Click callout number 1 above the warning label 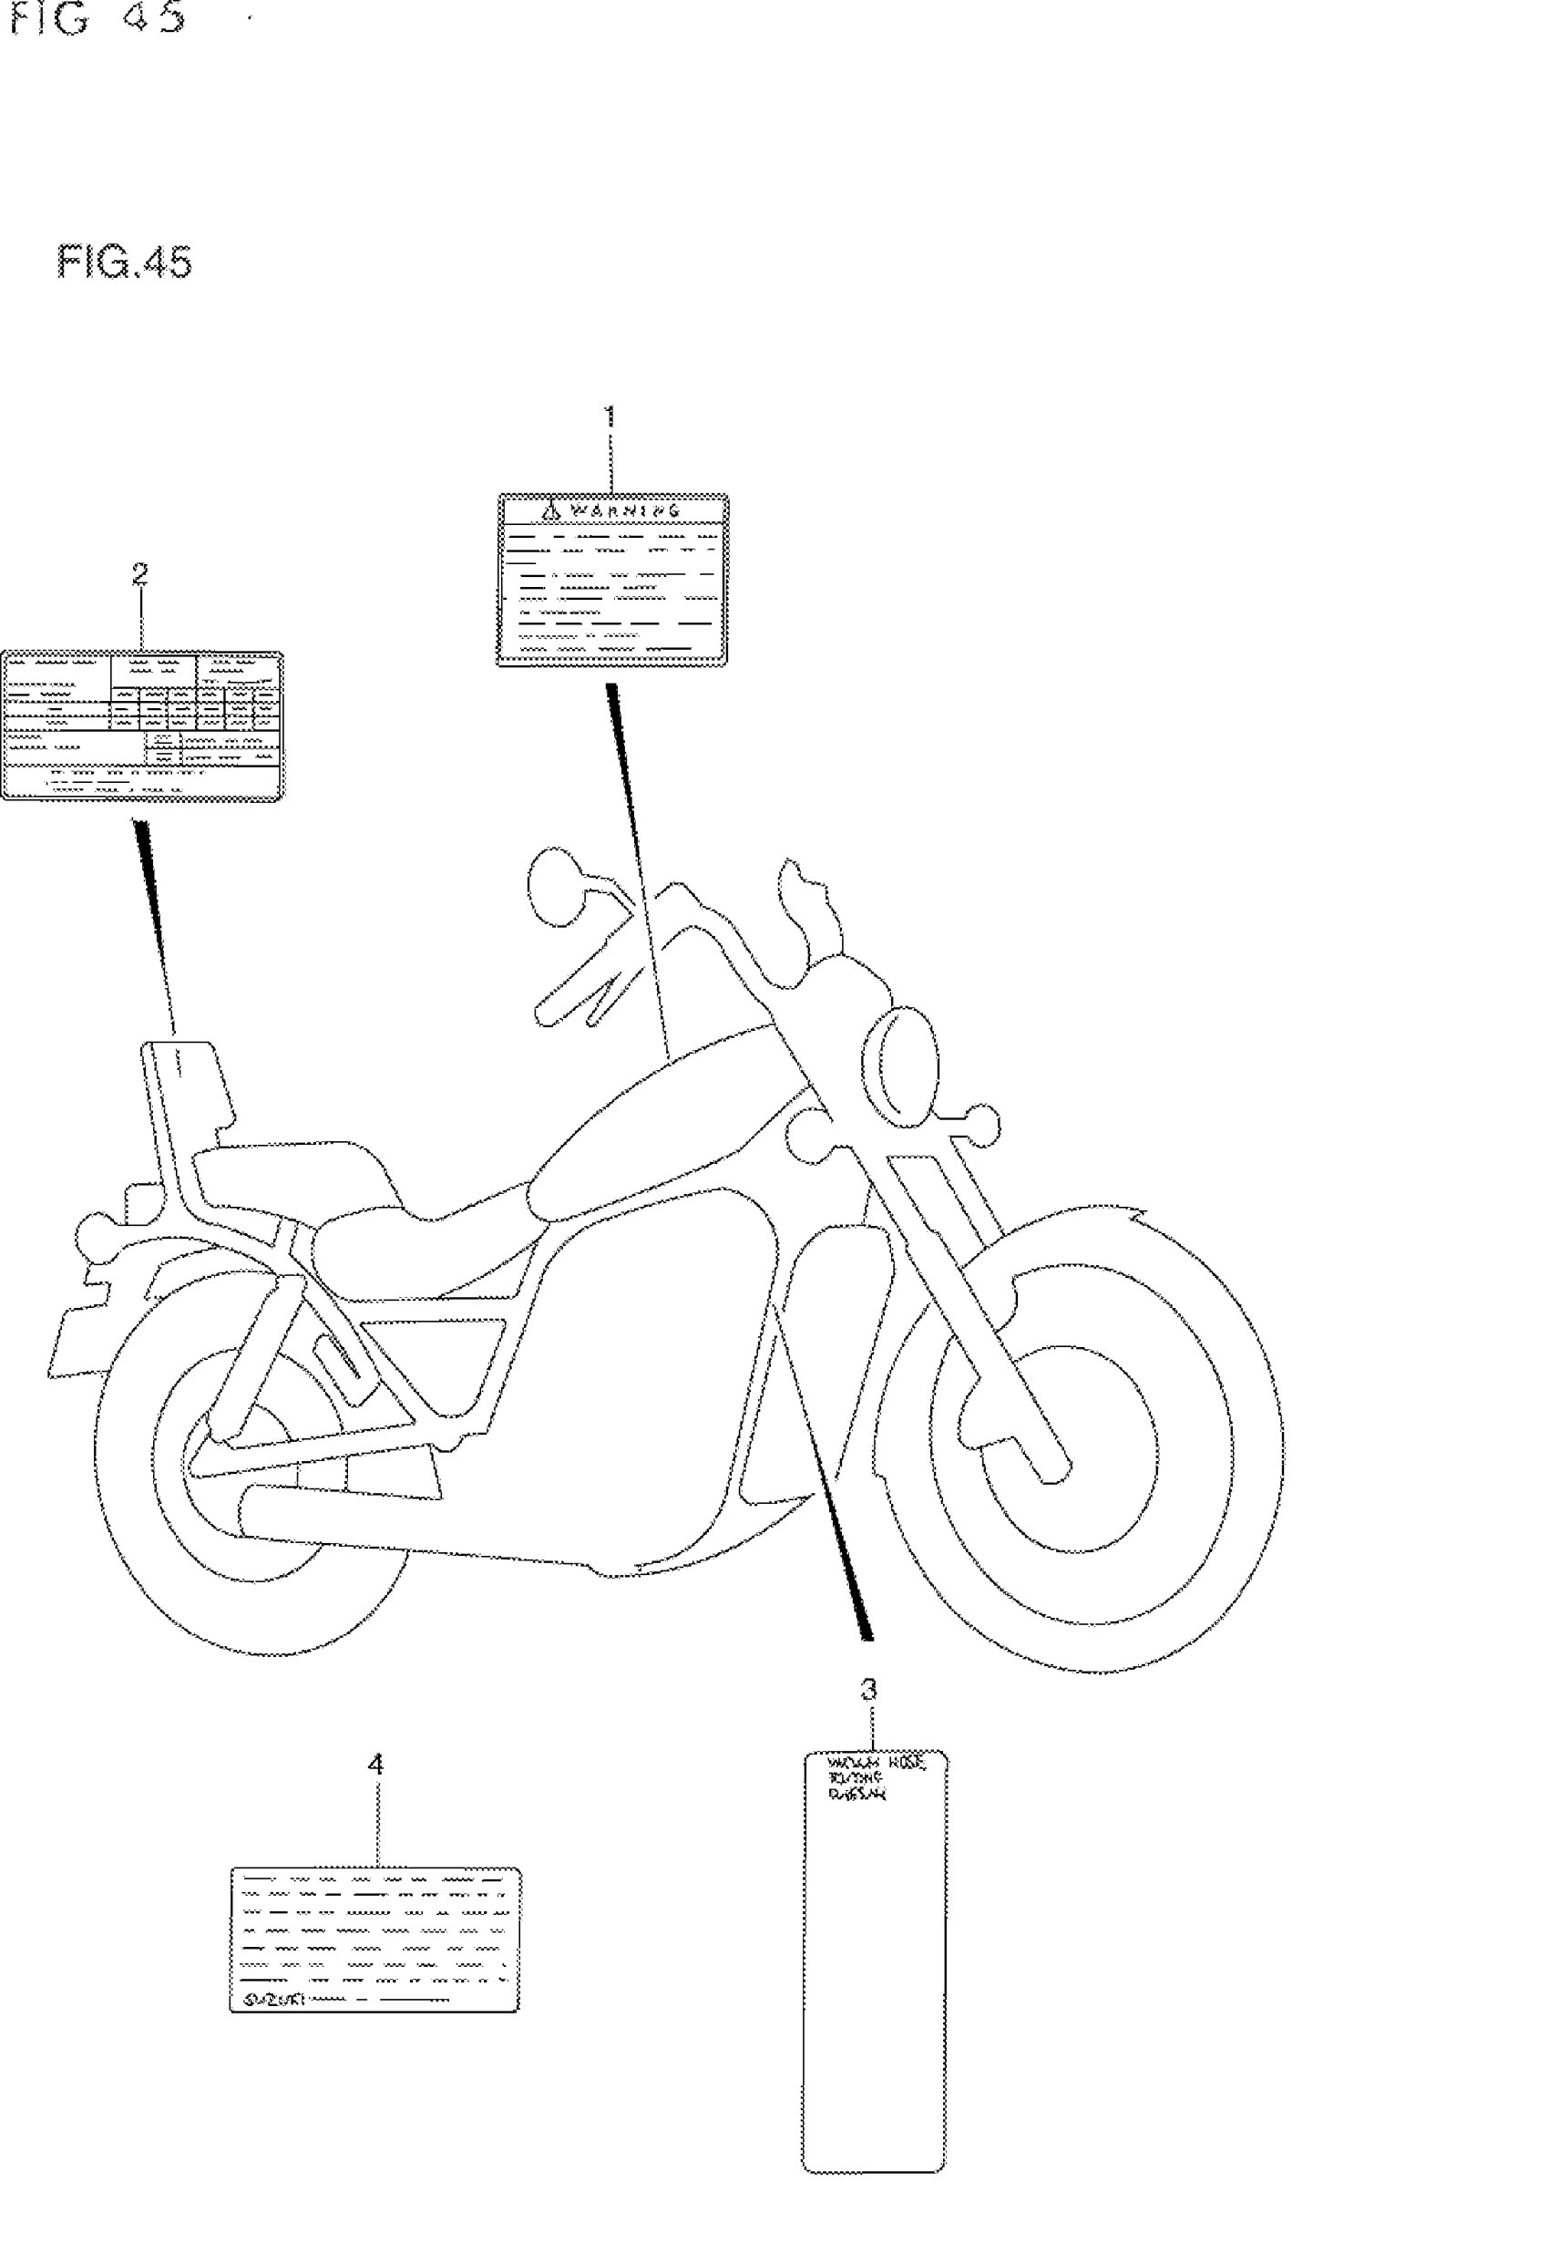coord(610,417)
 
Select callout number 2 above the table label coord(139,574)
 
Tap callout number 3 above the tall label coord(868,1690)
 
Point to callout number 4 coord(375,1764)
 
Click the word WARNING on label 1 coord(625,510)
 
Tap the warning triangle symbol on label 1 coord(550,509)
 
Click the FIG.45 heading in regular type coord(124,263)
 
